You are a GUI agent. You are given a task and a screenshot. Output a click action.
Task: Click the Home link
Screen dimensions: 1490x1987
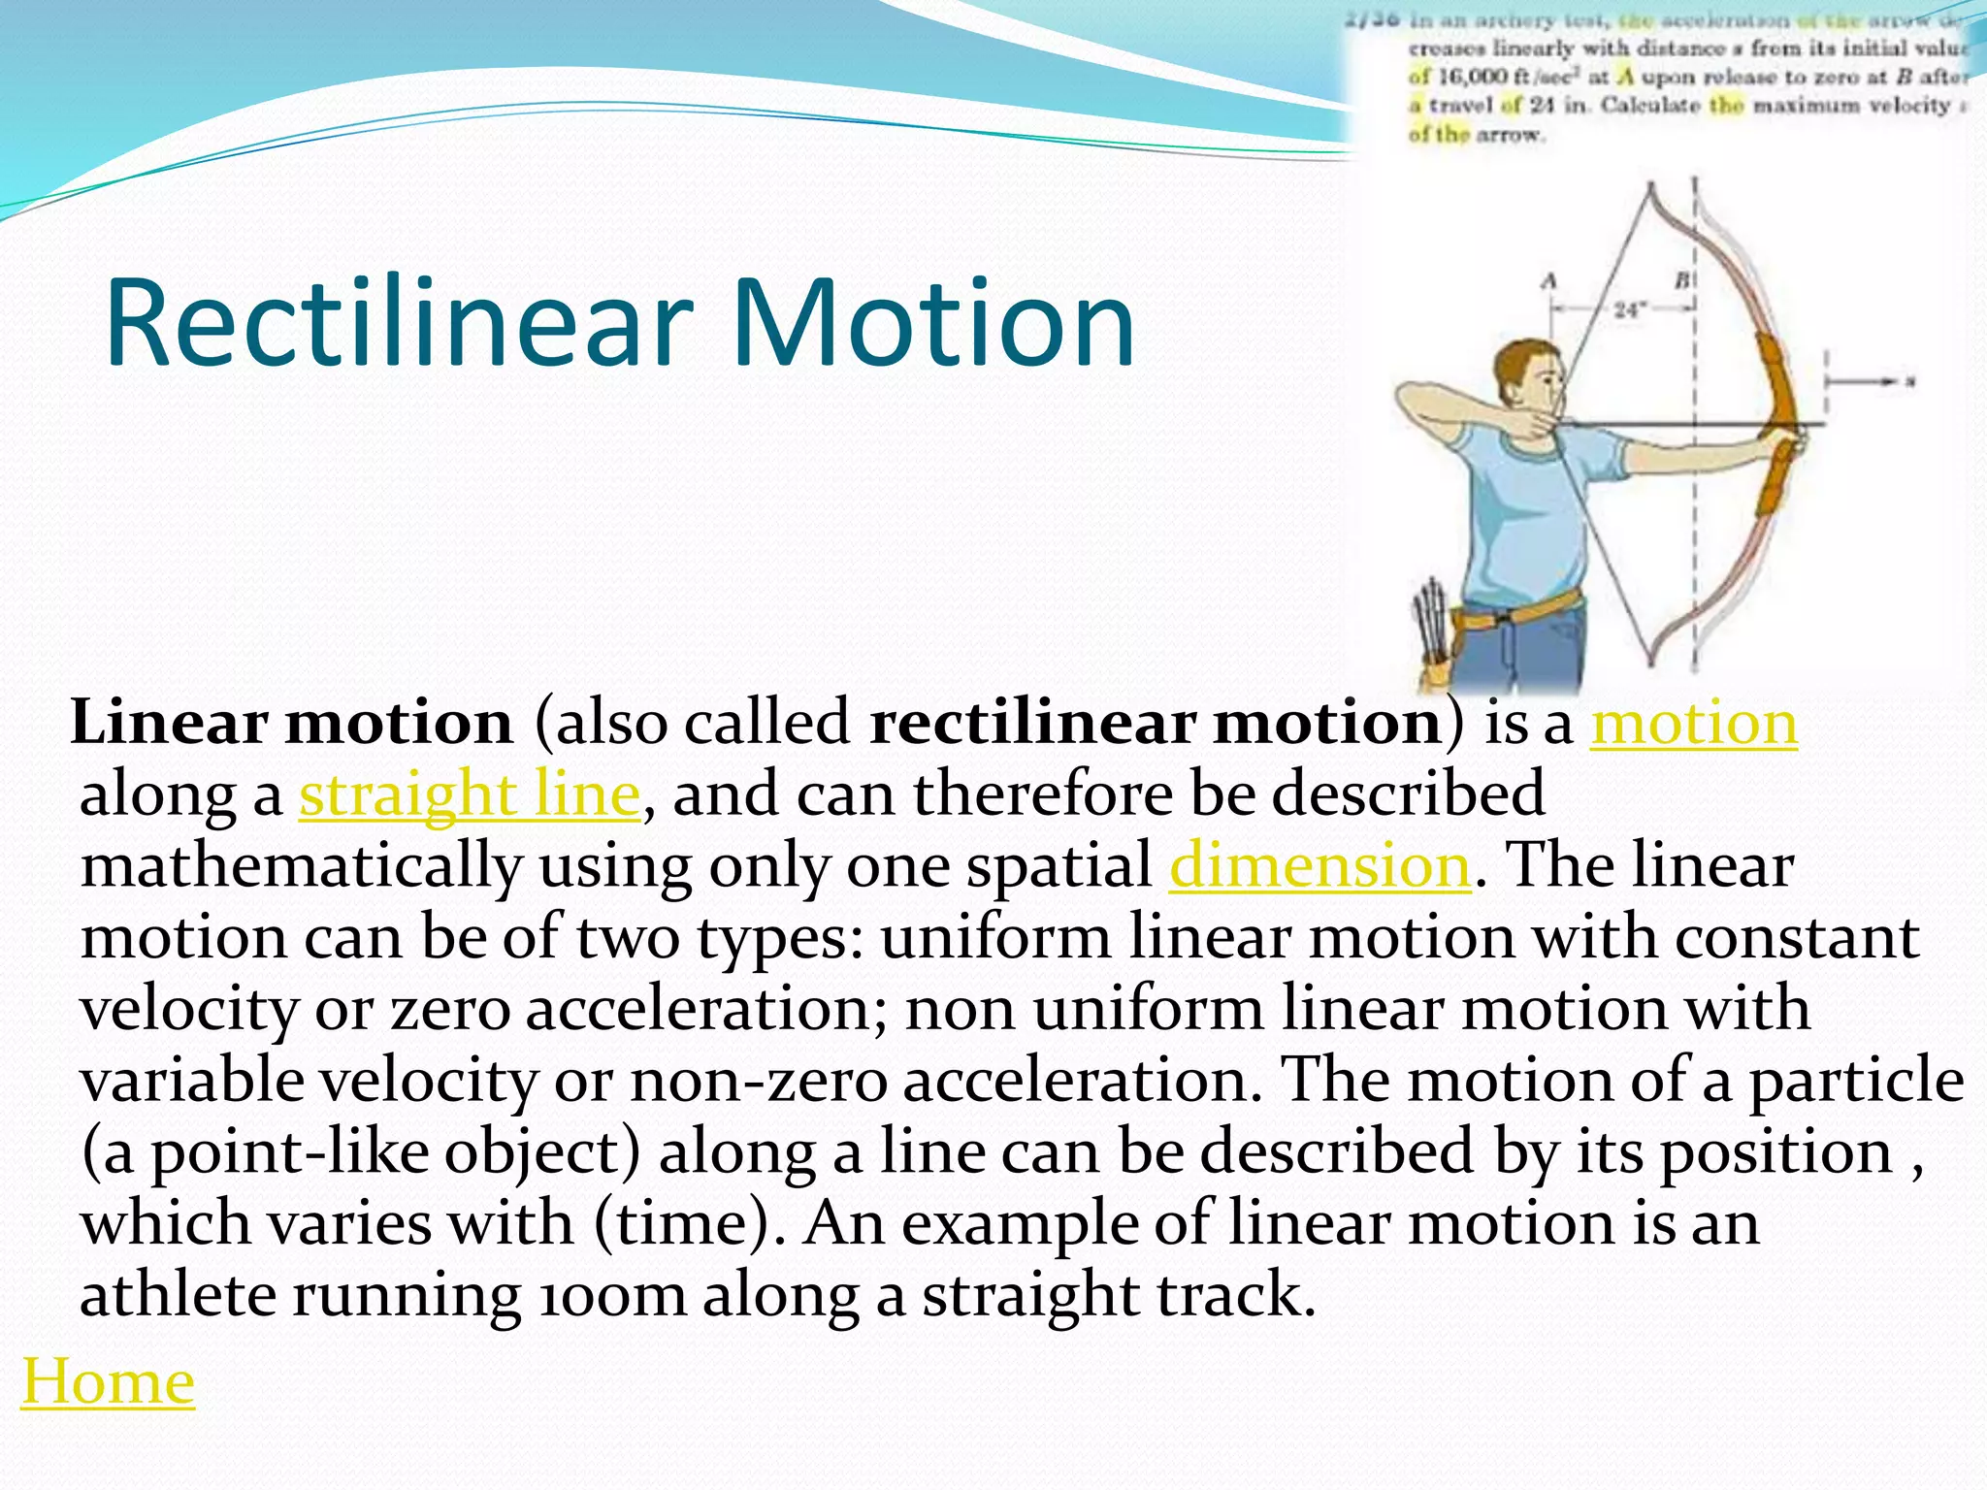(x=108, y=1380)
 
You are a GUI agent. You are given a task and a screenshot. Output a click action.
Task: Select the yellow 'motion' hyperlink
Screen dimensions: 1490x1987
(x=1693, y=724)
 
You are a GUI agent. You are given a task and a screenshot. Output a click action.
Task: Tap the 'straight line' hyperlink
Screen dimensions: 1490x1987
(x=470, y=794)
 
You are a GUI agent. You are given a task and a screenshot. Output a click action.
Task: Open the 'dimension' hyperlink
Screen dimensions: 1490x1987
(x=1319, y=865)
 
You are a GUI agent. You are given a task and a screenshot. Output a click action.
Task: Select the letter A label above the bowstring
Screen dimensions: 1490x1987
(x=1549, y=281)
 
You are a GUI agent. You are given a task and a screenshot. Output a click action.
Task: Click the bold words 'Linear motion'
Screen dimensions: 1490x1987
(x=292, y=724)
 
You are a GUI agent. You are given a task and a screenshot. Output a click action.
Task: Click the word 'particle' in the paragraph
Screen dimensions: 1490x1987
(x=1857, y=1081)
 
